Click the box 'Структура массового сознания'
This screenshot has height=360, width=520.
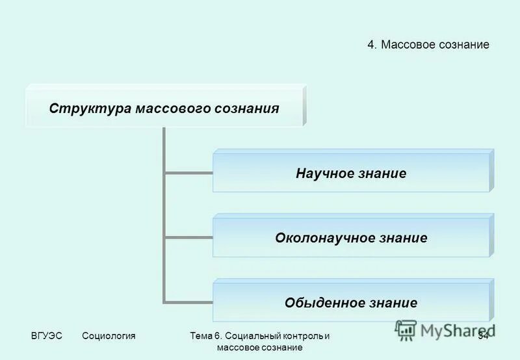(x=164, y=107)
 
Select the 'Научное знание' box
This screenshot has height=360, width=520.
(x=351, y=174)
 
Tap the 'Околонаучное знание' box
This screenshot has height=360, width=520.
(x=351, y=238)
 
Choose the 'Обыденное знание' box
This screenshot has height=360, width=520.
(x=351, y=302)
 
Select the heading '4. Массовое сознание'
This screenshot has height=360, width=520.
(x=428, y=45)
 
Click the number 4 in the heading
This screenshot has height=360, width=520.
(x=370, y=45)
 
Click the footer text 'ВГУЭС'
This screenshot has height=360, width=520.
(x=46, y=336)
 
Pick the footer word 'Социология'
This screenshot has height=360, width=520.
(x=109, y=336)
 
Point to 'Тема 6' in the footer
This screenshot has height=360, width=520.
(x=207, y=336)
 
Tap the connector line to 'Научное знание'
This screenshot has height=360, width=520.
(x=188, y=174)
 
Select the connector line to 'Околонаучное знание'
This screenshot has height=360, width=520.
(x=188, y=238)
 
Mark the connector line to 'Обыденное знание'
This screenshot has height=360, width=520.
(x=188, y=302)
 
